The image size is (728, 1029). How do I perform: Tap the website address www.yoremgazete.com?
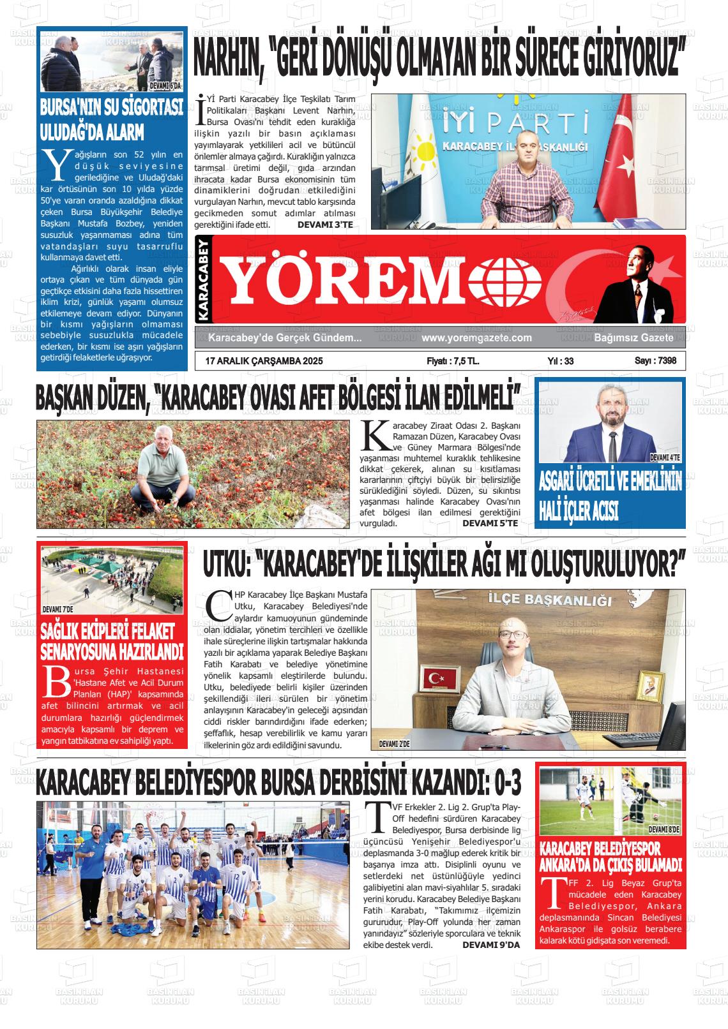click(x=476, y=338)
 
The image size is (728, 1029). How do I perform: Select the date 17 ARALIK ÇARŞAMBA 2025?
click(x=264, y=361)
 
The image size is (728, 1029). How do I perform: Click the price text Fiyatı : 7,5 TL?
click(x=453, y=361)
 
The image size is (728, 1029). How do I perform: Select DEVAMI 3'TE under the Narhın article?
click(x=325, y=225)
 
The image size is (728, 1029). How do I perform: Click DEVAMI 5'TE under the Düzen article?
click(x=490, y=523)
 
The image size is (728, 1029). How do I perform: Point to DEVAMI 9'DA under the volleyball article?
click(x=491, y=944)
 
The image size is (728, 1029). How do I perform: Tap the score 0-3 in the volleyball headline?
click(x=504, y=782)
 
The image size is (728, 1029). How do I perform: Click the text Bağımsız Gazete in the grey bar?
click(x=633, y=338)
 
